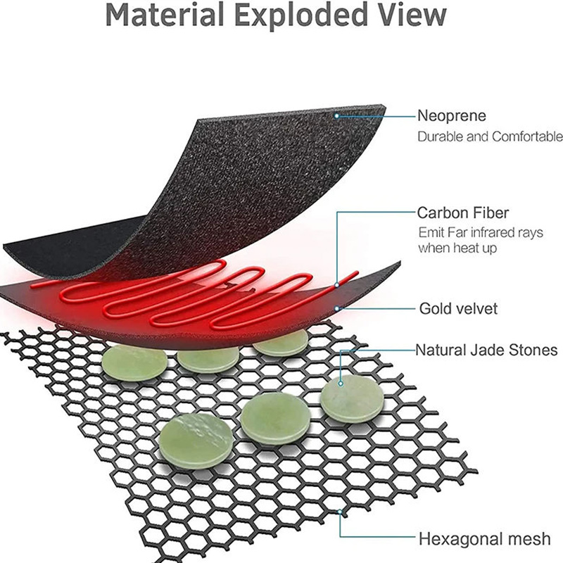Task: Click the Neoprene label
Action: point(452,115)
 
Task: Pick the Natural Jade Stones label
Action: point(486,349)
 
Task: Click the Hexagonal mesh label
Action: point(484,539)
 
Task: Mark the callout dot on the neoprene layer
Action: point(337,115)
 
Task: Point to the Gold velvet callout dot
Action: point(339,308)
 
